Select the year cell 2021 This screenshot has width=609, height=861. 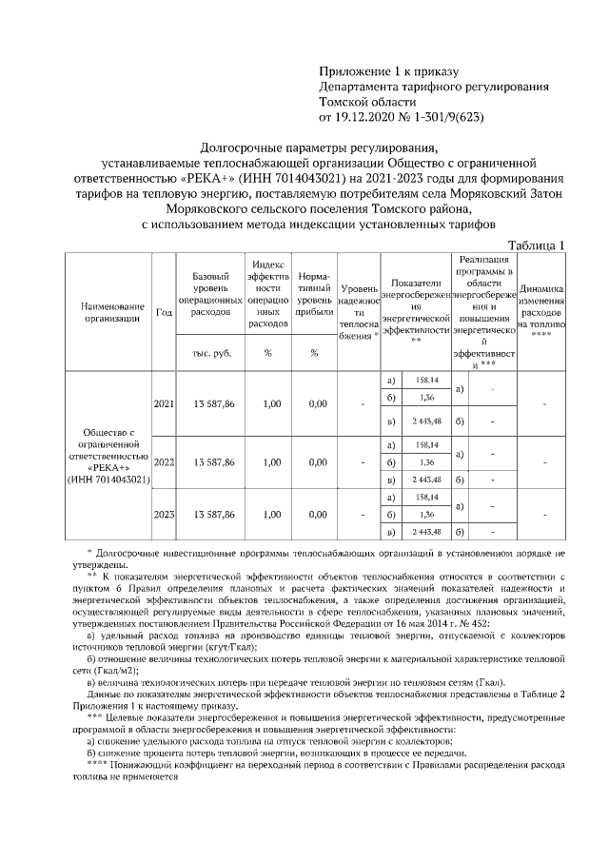pos(164,403)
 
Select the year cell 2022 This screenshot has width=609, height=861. pos(164,462)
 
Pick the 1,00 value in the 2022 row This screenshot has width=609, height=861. pos(268,462)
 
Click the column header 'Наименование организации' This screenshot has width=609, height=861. pos(111,313)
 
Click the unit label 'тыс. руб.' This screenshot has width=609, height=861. pos(213,353)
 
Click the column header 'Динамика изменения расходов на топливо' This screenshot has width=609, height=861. pos(542,300)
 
